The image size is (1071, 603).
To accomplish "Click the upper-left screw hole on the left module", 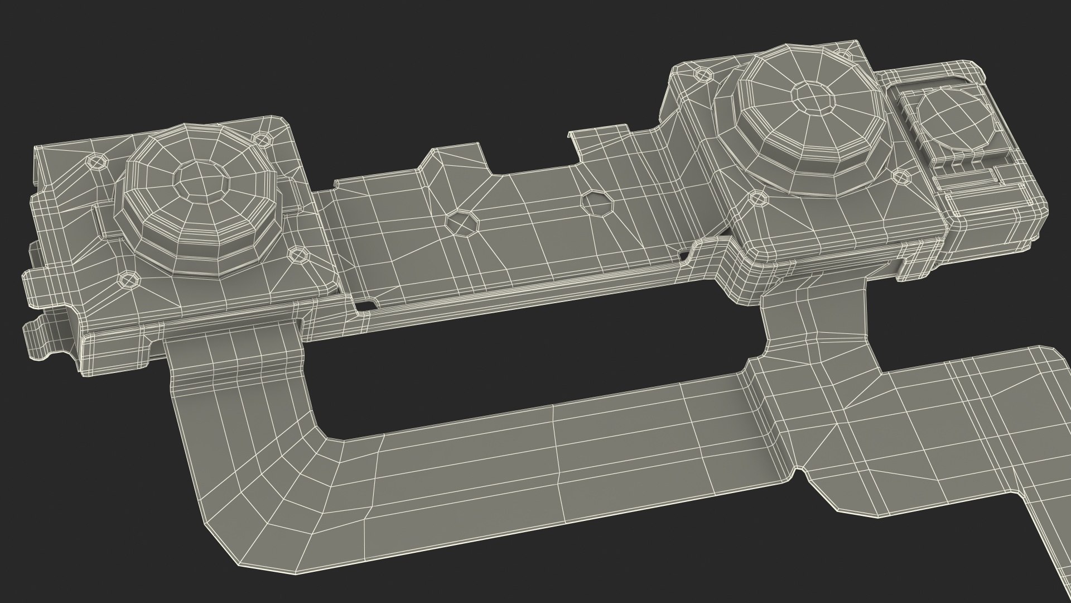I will (98, 162).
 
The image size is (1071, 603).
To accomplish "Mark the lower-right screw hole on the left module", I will (300, 255).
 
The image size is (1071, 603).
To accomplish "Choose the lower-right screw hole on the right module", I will (899, 176).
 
